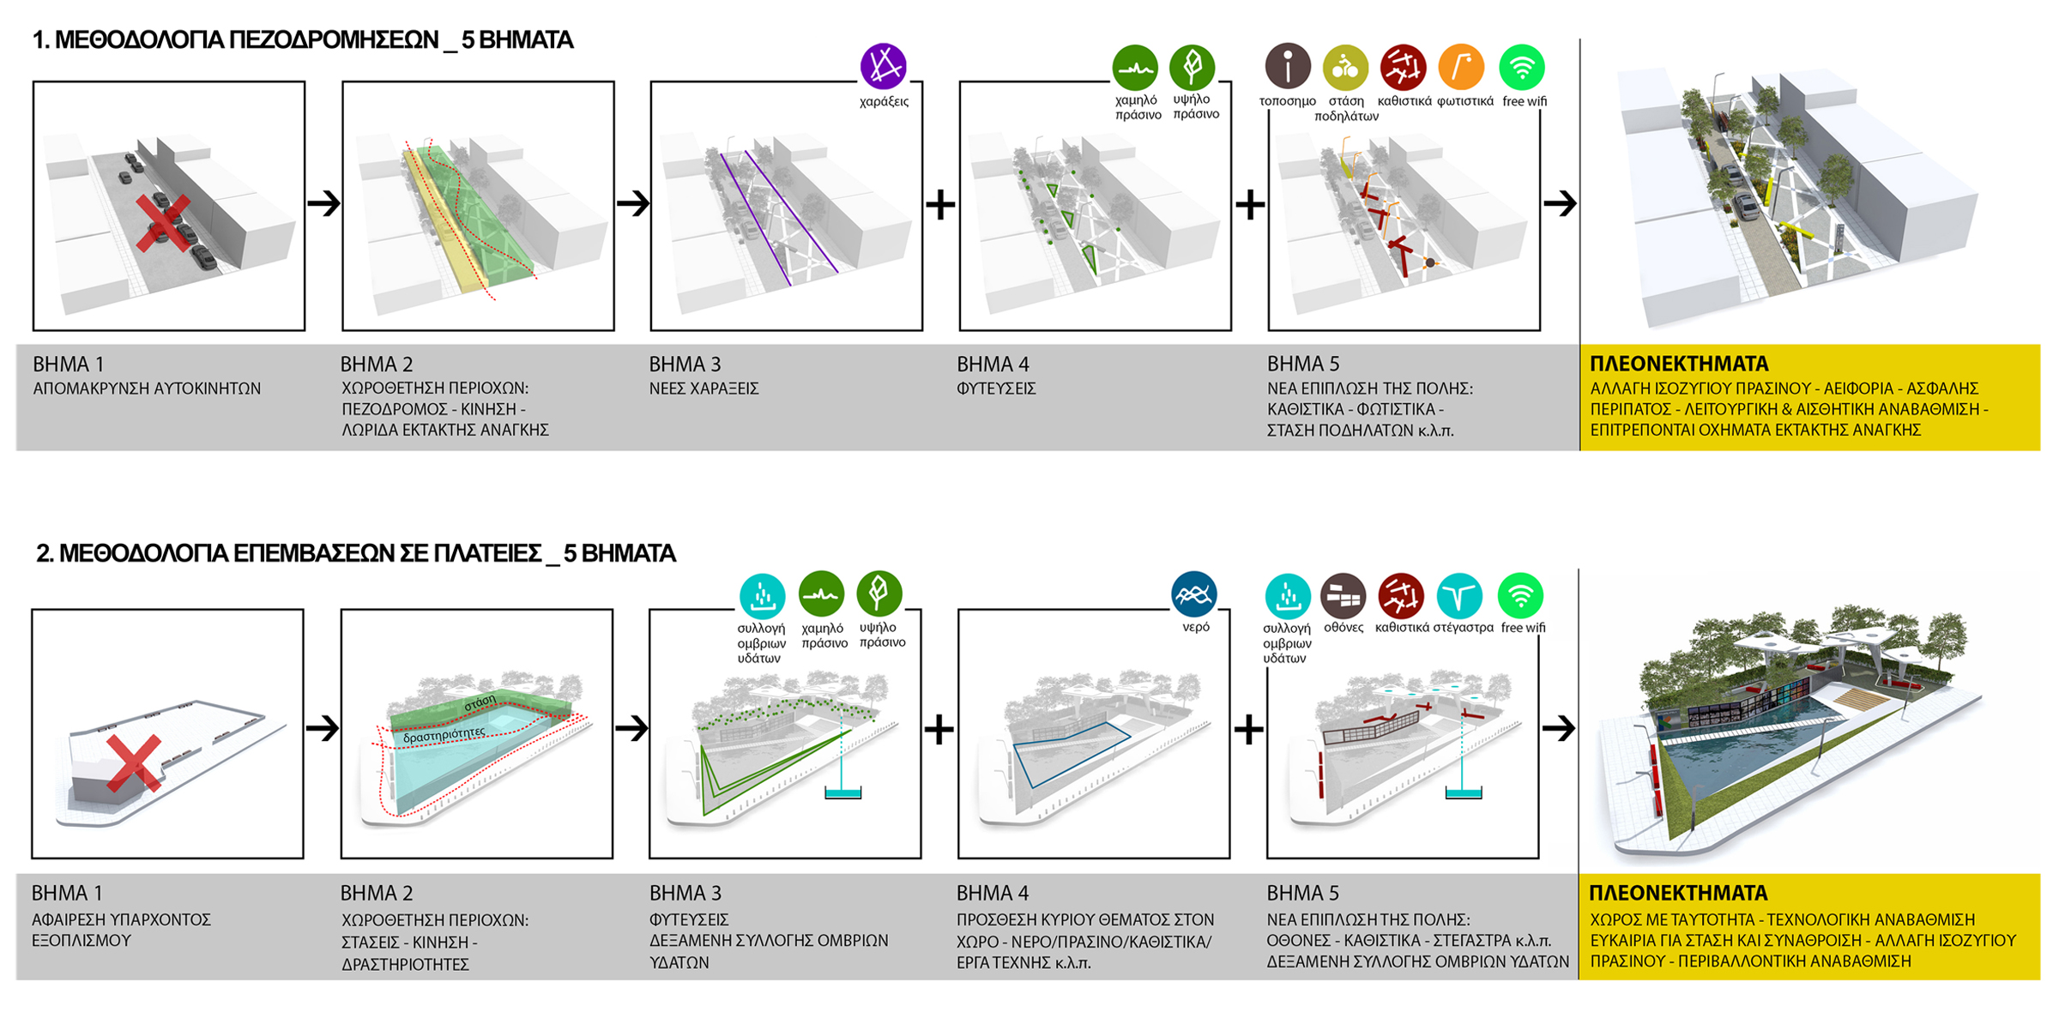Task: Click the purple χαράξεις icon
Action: tap(883, 66)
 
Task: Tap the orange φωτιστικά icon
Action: tap(1461, 67)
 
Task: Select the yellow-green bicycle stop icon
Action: tap(1345, 68)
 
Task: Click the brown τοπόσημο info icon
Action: tap(1288, 66)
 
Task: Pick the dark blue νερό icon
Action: tap(1193, 594)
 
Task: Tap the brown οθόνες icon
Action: tap(1343, 596)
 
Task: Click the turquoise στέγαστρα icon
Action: tap(1459, 596)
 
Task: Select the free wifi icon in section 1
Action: tap(1522, 67)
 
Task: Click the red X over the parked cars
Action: tap(164, 223)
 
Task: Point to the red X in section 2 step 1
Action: tap(135, 762)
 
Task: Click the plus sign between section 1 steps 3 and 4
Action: tap(940, 204)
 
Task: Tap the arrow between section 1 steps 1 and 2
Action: tap(323, 203)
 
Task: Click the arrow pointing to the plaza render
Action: tap(1559, 728)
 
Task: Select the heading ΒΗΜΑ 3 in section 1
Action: tap(684, 364)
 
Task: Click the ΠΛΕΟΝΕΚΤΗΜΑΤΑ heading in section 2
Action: tap(1678, 893)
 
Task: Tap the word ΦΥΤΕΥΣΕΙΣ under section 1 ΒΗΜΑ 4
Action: tap(996, 389)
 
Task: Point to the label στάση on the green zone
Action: tap(480, 702)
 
